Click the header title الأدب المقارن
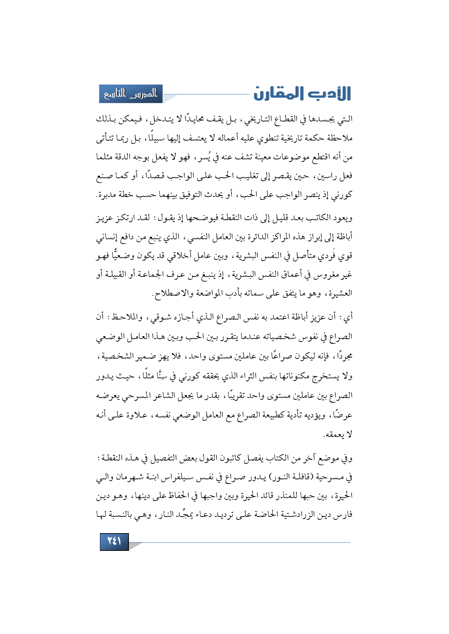(x=302, y=94)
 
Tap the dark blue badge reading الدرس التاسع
(x=131, y=94)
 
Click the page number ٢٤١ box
(x=114, y=541)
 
